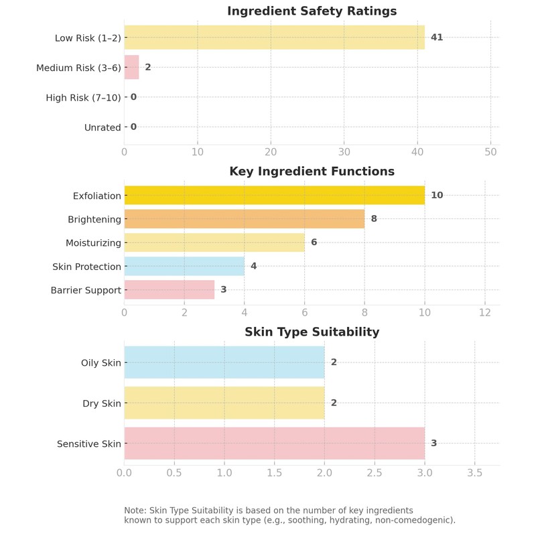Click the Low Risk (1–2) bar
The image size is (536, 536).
[274, 38]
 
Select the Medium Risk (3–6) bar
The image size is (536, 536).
[131, 67]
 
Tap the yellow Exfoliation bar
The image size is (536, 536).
[274, 195]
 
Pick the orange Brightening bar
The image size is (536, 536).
[245, 219]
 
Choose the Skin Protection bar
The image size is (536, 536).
[184, 266]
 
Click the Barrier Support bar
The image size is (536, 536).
[170, 289]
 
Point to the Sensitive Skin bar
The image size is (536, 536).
[274, 444]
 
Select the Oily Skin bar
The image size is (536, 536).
[224, 362]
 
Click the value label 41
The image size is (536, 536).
[437, 38]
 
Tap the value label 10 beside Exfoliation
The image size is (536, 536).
[437, 195]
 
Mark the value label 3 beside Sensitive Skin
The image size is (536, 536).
[433, 444]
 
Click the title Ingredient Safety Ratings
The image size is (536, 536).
[312, 11]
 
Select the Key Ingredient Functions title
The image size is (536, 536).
[312, 172]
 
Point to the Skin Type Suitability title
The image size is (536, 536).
[312, 332]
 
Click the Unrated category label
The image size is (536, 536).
[103, 127]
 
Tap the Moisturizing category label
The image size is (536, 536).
[93, 243]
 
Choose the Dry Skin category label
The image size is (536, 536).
[102, 403]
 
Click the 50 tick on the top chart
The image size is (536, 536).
[490, 152]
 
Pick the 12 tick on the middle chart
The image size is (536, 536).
[484, 312]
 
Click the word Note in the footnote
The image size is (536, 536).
[135, 511]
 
